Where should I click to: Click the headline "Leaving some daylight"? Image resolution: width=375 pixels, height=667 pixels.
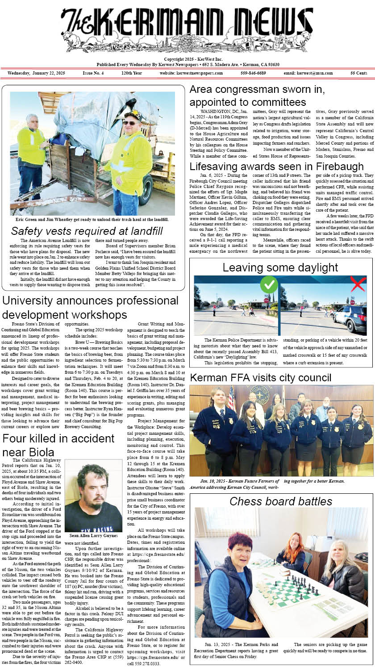[280, 267]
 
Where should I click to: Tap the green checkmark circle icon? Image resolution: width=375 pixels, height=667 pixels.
[269, 284]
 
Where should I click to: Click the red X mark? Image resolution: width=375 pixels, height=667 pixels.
[358, 284]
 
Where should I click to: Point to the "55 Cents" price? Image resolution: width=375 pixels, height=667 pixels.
[358, 73]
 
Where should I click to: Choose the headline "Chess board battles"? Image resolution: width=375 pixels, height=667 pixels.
[281, 501]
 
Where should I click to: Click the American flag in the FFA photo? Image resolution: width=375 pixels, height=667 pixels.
[231, 397]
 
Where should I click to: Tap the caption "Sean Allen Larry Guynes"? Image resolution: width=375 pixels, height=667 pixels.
[93, 535]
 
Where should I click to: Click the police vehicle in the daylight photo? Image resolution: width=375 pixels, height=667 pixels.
[350, 319]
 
